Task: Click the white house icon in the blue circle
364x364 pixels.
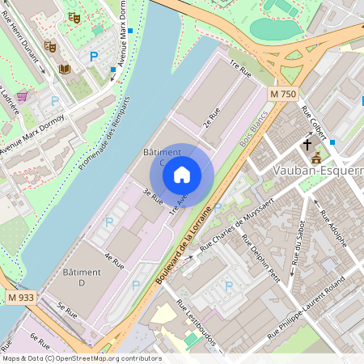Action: point(182,174)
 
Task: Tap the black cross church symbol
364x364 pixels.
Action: point(307,145)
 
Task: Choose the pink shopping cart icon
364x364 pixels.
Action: point(21,96)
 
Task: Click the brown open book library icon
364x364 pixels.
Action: point(64,69)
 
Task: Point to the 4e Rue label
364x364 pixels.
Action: point(113,263)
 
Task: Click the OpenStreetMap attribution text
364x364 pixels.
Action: point(81,358)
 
